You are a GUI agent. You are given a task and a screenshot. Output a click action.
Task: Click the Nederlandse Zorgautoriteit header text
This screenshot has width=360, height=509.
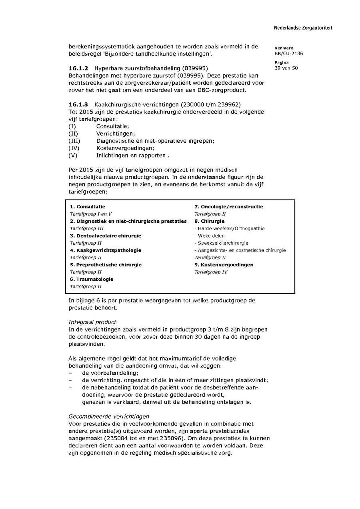[303, 28]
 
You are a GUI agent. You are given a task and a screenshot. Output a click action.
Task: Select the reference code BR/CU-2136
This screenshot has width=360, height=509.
[288, 54]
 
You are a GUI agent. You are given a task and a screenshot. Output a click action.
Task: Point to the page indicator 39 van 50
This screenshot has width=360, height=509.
[286, 68]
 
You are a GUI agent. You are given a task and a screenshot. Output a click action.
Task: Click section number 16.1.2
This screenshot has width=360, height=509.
[78, 68]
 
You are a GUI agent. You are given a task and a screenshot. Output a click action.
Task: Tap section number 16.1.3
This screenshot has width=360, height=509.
[78, 105]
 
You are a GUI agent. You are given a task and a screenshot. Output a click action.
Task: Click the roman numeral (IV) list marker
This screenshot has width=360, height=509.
[74, 148]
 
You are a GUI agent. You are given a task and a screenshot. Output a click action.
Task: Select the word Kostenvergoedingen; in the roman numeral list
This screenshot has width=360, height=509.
[120, 148]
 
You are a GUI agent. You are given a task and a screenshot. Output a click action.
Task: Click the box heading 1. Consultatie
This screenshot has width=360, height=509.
[88, 207]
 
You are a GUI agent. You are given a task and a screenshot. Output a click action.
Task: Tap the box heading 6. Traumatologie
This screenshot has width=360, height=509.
[92, 279]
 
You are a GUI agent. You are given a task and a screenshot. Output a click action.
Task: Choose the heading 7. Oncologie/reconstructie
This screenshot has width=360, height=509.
[229, 207]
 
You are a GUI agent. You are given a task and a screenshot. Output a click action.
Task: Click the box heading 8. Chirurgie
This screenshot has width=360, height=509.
[210, 221]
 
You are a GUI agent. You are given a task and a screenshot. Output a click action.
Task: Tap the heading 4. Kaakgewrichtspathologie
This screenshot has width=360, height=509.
[106, 250]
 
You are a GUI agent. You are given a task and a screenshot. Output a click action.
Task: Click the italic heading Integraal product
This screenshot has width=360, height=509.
[92, 322]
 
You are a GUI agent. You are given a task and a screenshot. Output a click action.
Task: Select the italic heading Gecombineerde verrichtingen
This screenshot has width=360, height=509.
[109, 416]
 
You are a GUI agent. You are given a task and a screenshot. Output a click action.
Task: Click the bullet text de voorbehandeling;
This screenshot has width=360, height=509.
[104, 373]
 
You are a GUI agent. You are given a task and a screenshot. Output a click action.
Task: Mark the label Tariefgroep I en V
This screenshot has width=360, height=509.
[91, 214]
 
